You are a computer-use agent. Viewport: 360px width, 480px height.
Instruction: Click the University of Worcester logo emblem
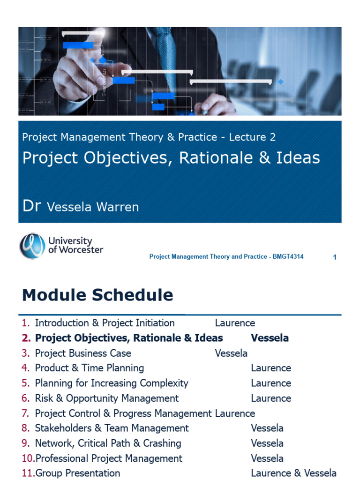[x=32, y=246]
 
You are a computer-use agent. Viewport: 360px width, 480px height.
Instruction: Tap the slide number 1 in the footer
[x=335, y=257]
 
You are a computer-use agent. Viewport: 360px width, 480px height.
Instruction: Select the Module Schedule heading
[x=97, y=295]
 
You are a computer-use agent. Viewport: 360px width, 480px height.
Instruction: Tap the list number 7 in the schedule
[x=25, y=413]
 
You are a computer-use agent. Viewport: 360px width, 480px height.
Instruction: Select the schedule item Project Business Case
[x=83, y=353]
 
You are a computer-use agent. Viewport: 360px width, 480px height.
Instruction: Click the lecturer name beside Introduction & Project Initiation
[x=235, y=323]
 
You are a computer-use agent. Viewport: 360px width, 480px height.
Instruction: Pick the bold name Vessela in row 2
[x=270, y=338]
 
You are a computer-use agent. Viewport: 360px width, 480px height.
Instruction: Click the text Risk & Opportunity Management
[x=107, y=398]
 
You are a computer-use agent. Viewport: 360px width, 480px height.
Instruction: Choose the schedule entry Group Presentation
[x=77, y=473]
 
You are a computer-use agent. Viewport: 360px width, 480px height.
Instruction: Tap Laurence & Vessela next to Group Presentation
[x=293, y=473]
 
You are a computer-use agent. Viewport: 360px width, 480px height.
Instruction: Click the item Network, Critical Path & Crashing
[x=108, y=443]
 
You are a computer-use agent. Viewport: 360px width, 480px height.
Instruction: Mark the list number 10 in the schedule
[x=28, y=458]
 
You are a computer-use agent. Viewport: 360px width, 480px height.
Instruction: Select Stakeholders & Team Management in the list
[x=112, y=428]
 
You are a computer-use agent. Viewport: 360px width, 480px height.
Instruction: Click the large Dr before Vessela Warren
[x=32, y=206]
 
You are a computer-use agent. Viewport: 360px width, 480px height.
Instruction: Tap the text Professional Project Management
[x=109, y=458]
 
